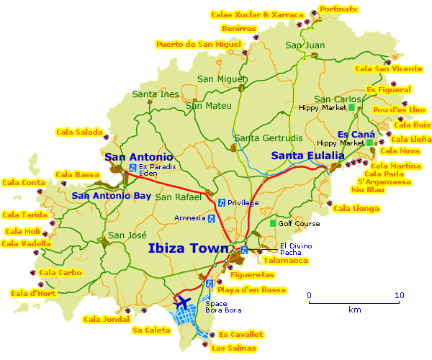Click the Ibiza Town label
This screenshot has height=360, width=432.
click(x=189, y=249)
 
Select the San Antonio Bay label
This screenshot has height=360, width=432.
click(x=111, y=195)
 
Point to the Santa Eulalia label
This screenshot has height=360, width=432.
click(x=302, y=156)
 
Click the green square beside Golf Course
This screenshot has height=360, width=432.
click(x=273, y=223)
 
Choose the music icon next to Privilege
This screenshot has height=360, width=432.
click(x=221, y=202)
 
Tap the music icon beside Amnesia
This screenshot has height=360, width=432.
click(x=212, y=218)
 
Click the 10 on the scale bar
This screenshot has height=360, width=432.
click(x=399, y=295)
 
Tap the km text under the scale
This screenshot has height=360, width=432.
click(x=354, y=310)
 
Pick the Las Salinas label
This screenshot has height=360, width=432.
click(x=233, y=348)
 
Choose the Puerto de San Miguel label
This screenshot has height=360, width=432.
click(x=198, y=45)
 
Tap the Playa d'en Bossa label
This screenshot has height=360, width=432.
click(x=251, y=290)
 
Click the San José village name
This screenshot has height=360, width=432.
click(x=127, y=235)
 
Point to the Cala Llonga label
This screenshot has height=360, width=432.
click(x=356, y=209)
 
